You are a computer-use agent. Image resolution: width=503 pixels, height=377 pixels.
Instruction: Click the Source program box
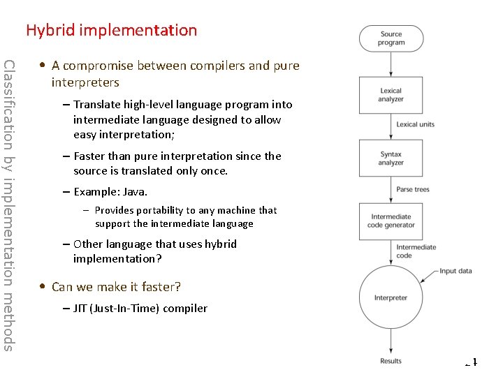click(391, 38)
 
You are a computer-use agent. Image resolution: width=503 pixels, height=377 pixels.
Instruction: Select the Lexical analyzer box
click(391, 95)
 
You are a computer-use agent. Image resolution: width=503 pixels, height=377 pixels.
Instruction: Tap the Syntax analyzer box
click(391, 158)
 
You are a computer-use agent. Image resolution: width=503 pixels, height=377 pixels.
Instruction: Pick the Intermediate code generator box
click(391, 221)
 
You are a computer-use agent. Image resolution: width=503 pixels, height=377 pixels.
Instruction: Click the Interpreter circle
click(391, 298)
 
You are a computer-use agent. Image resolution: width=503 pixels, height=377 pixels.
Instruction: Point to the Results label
click(391, 361)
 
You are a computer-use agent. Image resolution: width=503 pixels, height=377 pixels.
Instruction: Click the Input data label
click(455, 271)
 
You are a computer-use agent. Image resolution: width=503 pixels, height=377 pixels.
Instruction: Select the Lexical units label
click(415, 124)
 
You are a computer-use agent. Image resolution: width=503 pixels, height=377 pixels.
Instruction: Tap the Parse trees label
click(413, 189)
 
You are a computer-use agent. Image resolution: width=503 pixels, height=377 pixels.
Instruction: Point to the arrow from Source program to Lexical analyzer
click(391, 64)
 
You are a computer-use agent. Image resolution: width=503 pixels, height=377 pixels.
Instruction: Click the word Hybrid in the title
click(51, 30)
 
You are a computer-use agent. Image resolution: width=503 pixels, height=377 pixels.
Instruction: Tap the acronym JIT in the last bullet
click(81, 308)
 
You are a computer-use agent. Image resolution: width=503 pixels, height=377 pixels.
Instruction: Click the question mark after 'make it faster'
click(177, 287)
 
